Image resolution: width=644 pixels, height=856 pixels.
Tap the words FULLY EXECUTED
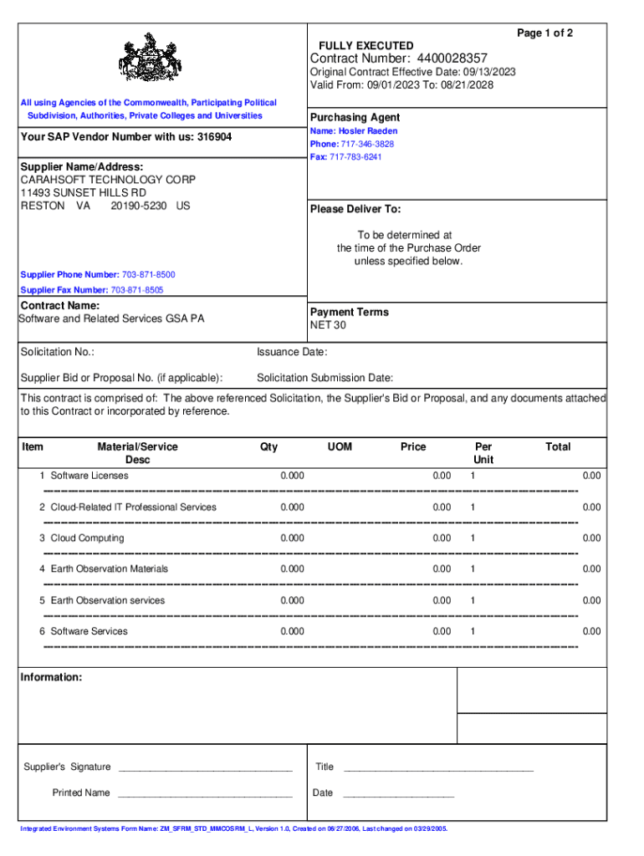(365, 45)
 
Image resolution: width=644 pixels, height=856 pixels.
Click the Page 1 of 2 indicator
(544, 33)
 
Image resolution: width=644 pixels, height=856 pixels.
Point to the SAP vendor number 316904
(214, 137)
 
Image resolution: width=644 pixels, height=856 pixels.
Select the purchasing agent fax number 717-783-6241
(357, 157)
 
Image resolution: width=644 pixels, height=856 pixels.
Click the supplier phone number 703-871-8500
(149, 275)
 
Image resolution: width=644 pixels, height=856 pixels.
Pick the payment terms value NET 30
(328, 325)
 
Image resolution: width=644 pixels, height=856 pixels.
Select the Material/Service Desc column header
(137, 453)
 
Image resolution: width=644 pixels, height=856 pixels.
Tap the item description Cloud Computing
(87, 538)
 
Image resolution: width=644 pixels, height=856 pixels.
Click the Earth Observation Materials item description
(109, 569)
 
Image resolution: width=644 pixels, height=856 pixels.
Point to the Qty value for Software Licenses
(293, 476)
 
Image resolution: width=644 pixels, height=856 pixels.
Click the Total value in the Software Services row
(591, 631)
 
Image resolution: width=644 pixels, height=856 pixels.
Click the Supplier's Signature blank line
(205, 768)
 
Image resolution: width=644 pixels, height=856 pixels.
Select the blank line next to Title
(438, 768)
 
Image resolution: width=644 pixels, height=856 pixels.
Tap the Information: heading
(51, 677)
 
